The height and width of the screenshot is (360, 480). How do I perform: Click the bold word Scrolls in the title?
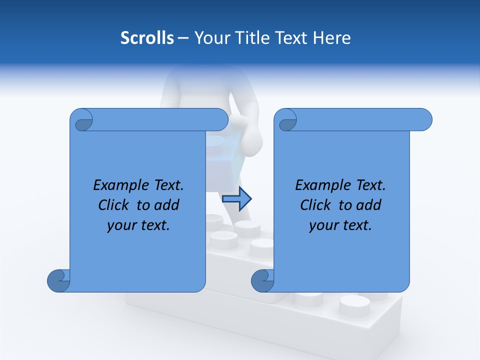click(x=147, y=38)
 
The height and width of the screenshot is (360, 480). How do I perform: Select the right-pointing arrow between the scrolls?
click(x=236, y=199)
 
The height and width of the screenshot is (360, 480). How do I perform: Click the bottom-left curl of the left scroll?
click(x=59, y=280)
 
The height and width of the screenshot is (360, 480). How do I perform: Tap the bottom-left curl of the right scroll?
click(x=263, y=280)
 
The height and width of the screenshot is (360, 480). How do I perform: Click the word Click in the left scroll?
click(x=113, y=205)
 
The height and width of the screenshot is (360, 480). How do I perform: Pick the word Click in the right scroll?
click(x=315, y=205)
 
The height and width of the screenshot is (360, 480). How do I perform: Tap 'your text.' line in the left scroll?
click(x=138, y=225)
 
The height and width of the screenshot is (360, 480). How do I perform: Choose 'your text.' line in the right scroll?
click(x=340, y=225)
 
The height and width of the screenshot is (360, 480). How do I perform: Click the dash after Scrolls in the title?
click(x=183, y=38)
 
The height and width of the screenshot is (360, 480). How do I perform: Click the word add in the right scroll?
click(x=368, y=205)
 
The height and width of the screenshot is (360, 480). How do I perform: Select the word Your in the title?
click(x=209, y=38)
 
